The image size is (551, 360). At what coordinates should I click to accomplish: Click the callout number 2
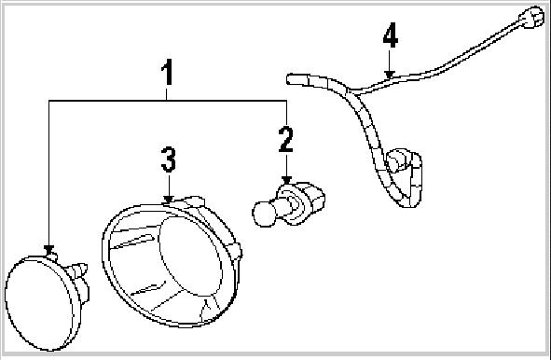[285, 139]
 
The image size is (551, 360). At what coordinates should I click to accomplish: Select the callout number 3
[168, 159]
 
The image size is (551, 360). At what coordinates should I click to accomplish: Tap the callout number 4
[391, 38]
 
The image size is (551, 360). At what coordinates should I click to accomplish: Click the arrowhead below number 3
[168, 198]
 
